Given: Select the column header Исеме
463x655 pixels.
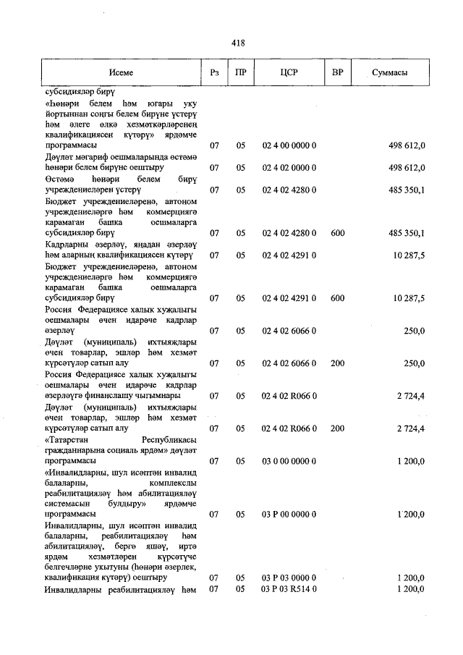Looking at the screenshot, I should pos(122,73).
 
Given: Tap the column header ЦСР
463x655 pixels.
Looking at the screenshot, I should pos(289,73).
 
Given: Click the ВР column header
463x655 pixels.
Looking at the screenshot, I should pos(336,73).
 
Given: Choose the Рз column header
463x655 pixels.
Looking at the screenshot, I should pos(214,73).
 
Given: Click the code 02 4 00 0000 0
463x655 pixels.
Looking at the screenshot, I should pos(289,145).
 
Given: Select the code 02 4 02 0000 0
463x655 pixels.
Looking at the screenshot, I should pos(289,167).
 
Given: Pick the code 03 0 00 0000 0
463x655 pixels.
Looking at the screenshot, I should pos(289,460).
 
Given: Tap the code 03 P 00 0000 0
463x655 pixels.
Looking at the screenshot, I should pos(289,515).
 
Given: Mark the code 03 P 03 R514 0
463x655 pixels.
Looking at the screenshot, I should pos(289,590).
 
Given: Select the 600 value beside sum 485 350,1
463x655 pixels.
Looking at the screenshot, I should pos(337,232).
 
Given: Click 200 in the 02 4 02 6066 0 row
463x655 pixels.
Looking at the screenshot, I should pos(337,363).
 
